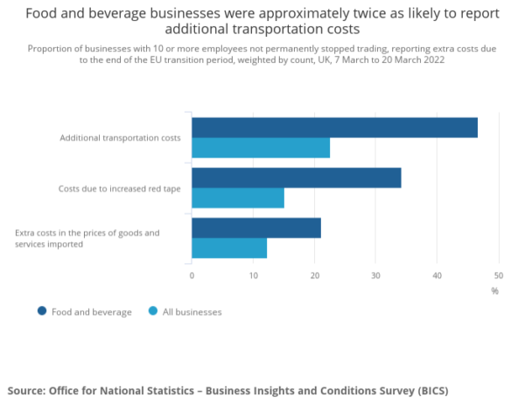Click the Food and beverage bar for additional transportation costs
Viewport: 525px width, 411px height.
334,128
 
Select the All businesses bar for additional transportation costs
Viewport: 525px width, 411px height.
261,149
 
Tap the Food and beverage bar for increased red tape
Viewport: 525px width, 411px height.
296,178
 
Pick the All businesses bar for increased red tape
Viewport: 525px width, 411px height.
238,199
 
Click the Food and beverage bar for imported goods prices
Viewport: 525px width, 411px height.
256,227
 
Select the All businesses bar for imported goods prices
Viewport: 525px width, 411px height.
229,248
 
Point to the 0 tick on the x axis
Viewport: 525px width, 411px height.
192,275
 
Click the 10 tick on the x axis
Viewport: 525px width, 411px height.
253,275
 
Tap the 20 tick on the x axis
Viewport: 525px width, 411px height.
314,275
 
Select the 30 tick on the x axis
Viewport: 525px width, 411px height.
375,275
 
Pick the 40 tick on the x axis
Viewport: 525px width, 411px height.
437,275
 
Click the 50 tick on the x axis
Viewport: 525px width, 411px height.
498,275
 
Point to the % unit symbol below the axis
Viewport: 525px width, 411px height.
494,291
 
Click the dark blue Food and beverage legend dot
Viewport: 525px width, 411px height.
41,311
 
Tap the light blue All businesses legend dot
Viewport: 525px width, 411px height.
153,311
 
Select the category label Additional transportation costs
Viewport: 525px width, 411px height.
120,138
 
